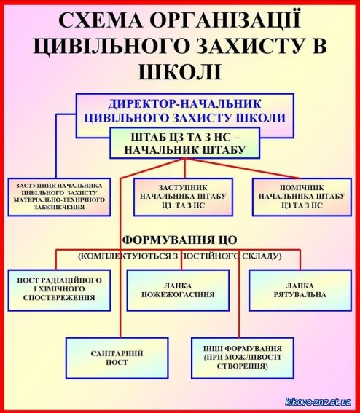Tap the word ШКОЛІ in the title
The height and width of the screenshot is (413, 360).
point(180,71)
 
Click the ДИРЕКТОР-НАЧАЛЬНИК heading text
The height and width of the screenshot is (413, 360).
point(184,103)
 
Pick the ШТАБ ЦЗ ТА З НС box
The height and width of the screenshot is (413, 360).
point(185,143)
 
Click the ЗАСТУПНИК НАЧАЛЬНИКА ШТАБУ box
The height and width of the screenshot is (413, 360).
point(183,197)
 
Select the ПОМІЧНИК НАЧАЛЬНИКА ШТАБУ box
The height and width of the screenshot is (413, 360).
point(302,197)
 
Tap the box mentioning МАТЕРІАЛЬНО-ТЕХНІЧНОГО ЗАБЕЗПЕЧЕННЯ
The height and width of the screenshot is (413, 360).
point(59,197)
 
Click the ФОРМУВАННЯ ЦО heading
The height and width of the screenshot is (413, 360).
point(180,240)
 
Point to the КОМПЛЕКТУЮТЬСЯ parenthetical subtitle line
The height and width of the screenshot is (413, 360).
point(180,256)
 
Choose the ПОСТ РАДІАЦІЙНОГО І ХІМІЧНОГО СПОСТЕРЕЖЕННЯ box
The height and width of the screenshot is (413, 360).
point(59,290)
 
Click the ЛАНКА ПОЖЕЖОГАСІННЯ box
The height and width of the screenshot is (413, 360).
point(178,290)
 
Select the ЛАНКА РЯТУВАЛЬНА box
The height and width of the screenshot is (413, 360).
point(300,290)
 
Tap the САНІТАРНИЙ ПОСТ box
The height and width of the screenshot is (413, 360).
point(117,358)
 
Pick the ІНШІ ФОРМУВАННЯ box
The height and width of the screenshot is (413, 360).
point(243,358)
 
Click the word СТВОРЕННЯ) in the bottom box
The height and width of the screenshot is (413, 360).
point(243,366)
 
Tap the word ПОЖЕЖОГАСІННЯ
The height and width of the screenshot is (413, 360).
point(178,294)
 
